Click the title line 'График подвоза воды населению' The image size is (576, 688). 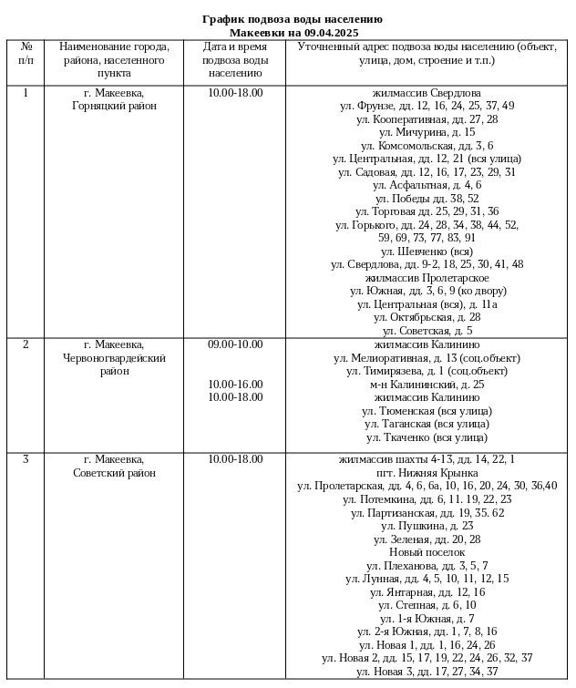point(292,19)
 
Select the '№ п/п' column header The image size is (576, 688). point(26,53)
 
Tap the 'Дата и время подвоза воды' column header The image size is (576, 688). point(235,59)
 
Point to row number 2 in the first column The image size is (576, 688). point(26,344)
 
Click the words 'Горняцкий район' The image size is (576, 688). point(114,106)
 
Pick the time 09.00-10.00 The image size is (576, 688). point(235,344)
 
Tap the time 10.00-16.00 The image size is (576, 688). point(235,385)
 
